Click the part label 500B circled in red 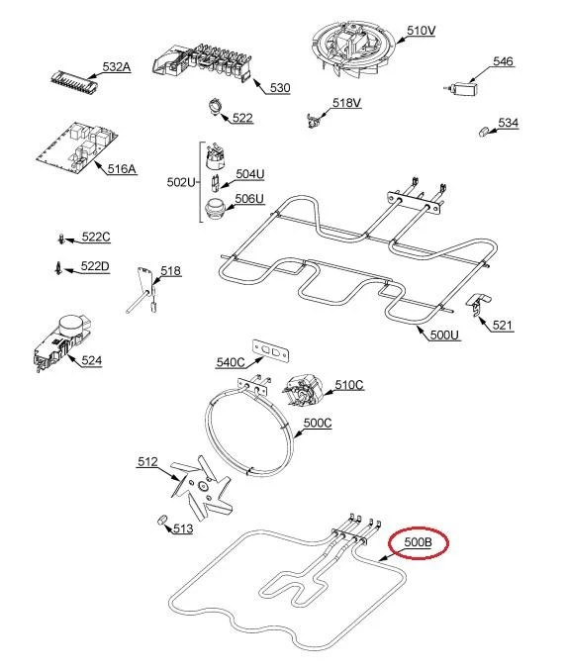tap(418, 542)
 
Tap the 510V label tap(422, 31)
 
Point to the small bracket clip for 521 tap(478, 304)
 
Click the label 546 tap(503, 61)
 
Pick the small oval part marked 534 tap(483, 131)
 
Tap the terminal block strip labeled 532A tap(74, 81)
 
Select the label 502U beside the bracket tap(181, 182)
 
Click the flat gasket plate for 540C tap(270, 350)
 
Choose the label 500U tap(444, 335)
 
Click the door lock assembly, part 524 tap(63, 342)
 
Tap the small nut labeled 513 tap(161, 521)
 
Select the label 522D tap(95, 266)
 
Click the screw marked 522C tap(62, 239)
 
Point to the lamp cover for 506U tap(214, 209)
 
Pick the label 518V tap(346, 103)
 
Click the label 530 tap(280, 88)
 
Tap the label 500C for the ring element tap(318, 423)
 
